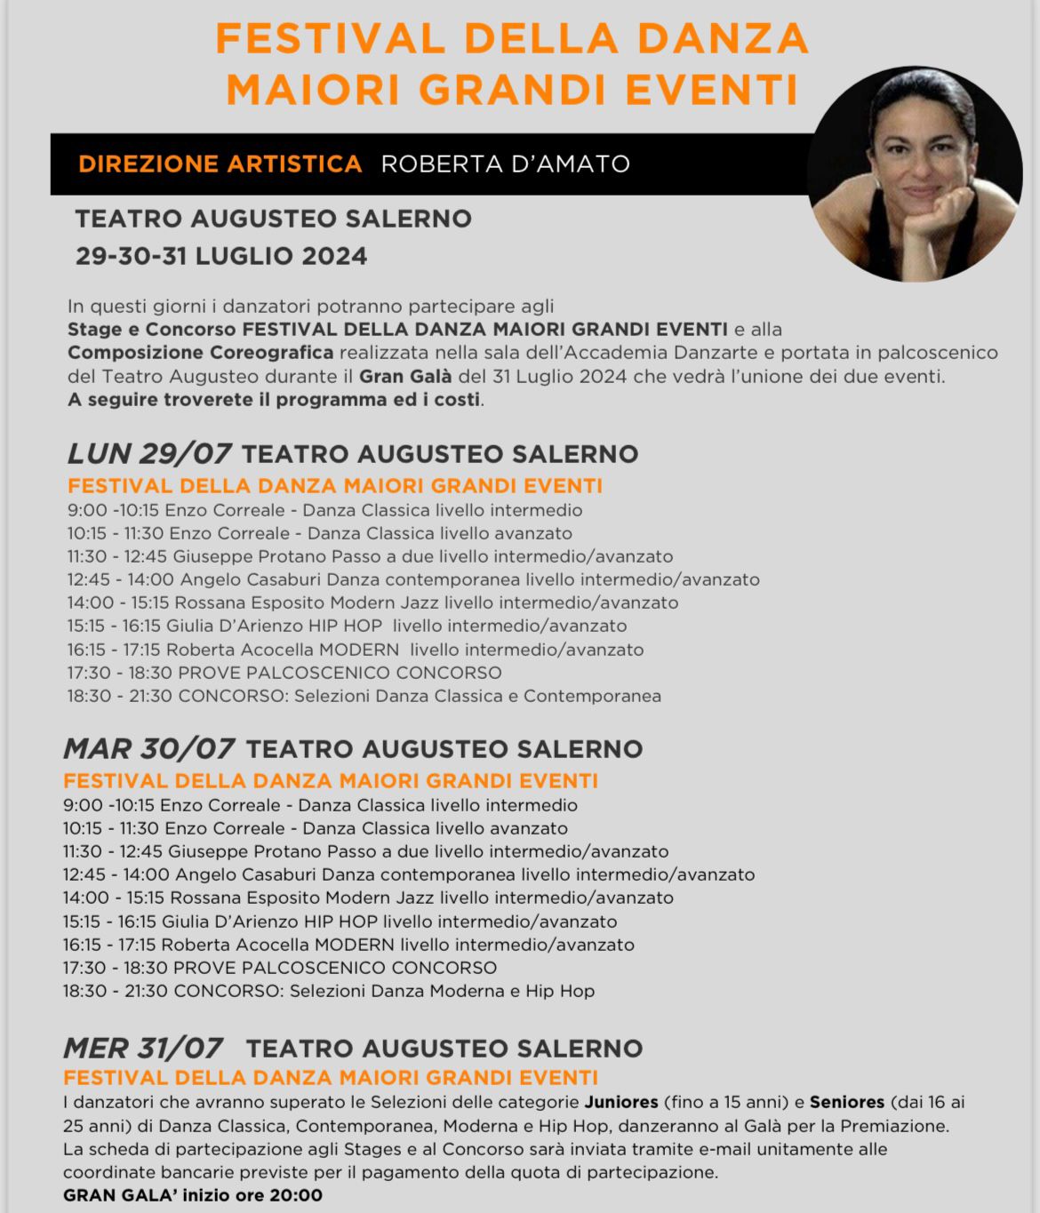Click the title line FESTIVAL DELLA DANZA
[512, 39]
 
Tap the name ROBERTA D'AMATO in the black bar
[505, 164]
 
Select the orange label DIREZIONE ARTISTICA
[220, 164]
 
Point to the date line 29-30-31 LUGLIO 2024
[221, 256]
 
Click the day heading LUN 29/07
[149, 453]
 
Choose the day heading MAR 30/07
[148, 748]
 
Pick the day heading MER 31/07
[143, 1048]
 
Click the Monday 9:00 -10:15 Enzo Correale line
[324, 510]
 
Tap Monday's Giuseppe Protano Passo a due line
[370, 556]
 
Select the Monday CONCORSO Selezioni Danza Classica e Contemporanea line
[364, 696]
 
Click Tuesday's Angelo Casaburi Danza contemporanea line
[409, 874]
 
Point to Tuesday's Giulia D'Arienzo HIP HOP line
[340, 922]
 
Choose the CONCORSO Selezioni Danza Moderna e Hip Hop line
[329, 991]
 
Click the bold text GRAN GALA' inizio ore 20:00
[193, 1195]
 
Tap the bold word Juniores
[620, 1102]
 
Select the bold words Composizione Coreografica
[201, 353]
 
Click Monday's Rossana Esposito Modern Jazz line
[372, 603]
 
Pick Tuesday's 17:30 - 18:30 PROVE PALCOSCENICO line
[280, 968]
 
